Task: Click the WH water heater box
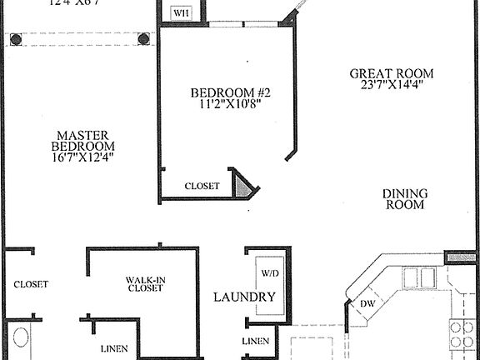click(181, 12)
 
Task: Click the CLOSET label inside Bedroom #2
click(202, 187)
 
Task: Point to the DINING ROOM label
click(404, 199)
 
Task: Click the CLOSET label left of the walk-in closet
click(30, 284)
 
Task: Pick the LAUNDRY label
click(244, 297)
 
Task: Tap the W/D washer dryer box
click(270, 273)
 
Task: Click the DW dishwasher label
click(367, 304)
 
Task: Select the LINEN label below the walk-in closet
click(113, 348)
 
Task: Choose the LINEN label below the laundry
click(255, 342)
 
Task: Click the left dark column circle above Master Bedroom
click(16, 38)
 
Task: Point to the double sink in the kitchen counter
click(418, 277)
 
